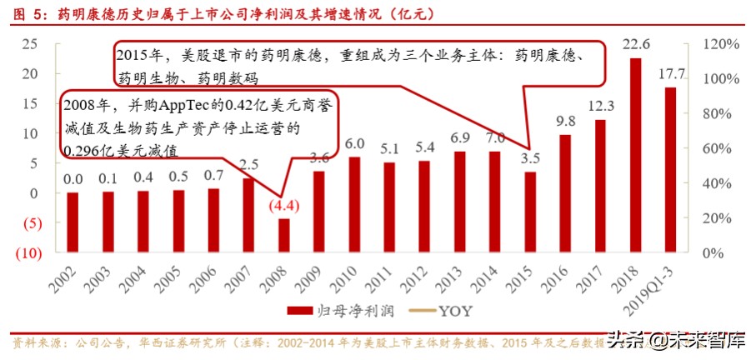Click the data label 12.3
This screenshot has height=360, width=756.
(x=600, y=106)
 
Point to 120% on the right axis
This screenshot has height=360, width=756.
(x=716, y=43)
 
